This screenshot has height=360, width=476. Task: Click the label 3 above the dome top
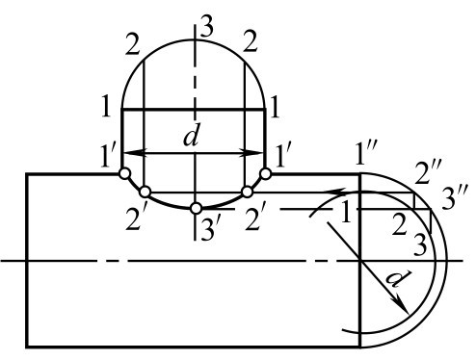(x=207, y=28)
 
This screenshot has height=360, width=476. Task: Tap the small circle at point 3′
(x=196, y=209)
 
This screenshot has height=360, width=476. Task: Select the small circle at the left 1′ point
(x=124, y=173)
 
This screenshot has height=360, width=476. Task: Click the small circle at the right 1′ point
(x=266, y=173)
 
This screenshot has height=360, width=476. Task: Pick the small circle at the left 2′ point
(x=145, y=192)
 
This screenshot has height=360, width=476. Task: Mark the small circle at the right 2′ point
(x=247, y=192)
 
